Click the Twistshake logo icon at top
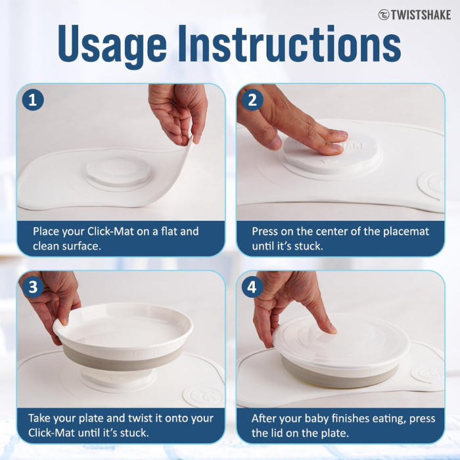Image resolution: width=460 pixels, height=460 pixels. point(383,14)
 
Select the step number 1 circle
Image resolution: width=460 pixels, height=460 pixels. point(33,100)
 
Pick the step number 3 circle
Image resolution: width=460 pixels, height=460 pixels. point(33,287)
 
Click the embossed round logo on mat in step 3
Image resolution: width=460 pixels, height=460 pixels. point(198,396)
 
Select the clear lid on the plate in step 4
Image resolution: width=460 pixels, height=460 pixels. point(342,342)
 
